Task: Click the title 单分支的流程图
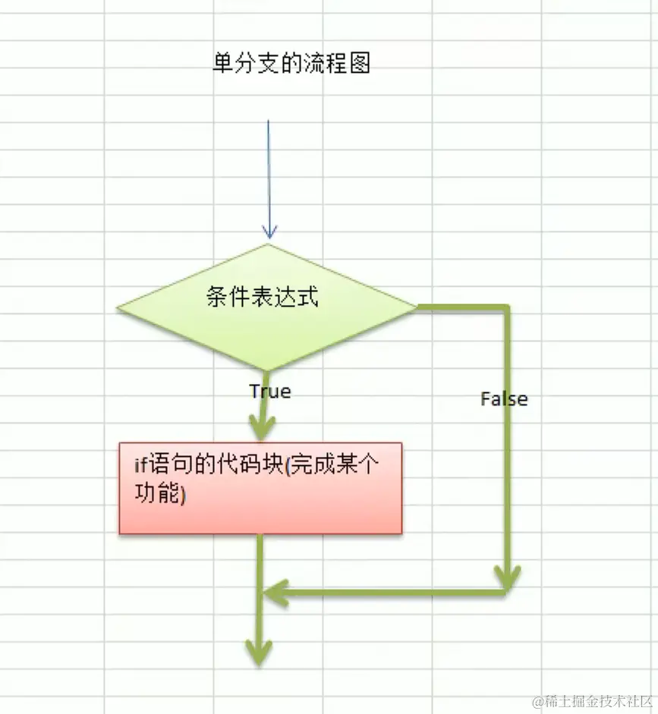pyautogui.click(x=291, y=64)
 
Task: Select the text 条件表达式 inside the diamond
pyautogui.click(x=262, y=297)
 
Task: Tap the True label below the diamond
pyautogui.click(x=269, y=392)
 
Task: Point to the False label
pyautogui.click(x=504, y=399)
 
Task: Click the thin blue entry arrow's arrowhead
pyautogui.click(x=269, y=231)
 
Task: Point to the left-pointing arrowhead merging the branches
pyautogui.click(x=274, y=592)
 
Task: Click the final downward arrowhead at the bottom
pyautogui.click(x=259, y=652)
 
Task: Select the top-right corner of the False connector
pyautogui.click(x=508, y=307)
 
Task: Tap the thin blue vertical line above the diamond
pyautogui.click(x=268, y=167)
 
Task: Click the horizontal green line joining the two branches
pyautogui.click(x=387, y=592)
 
